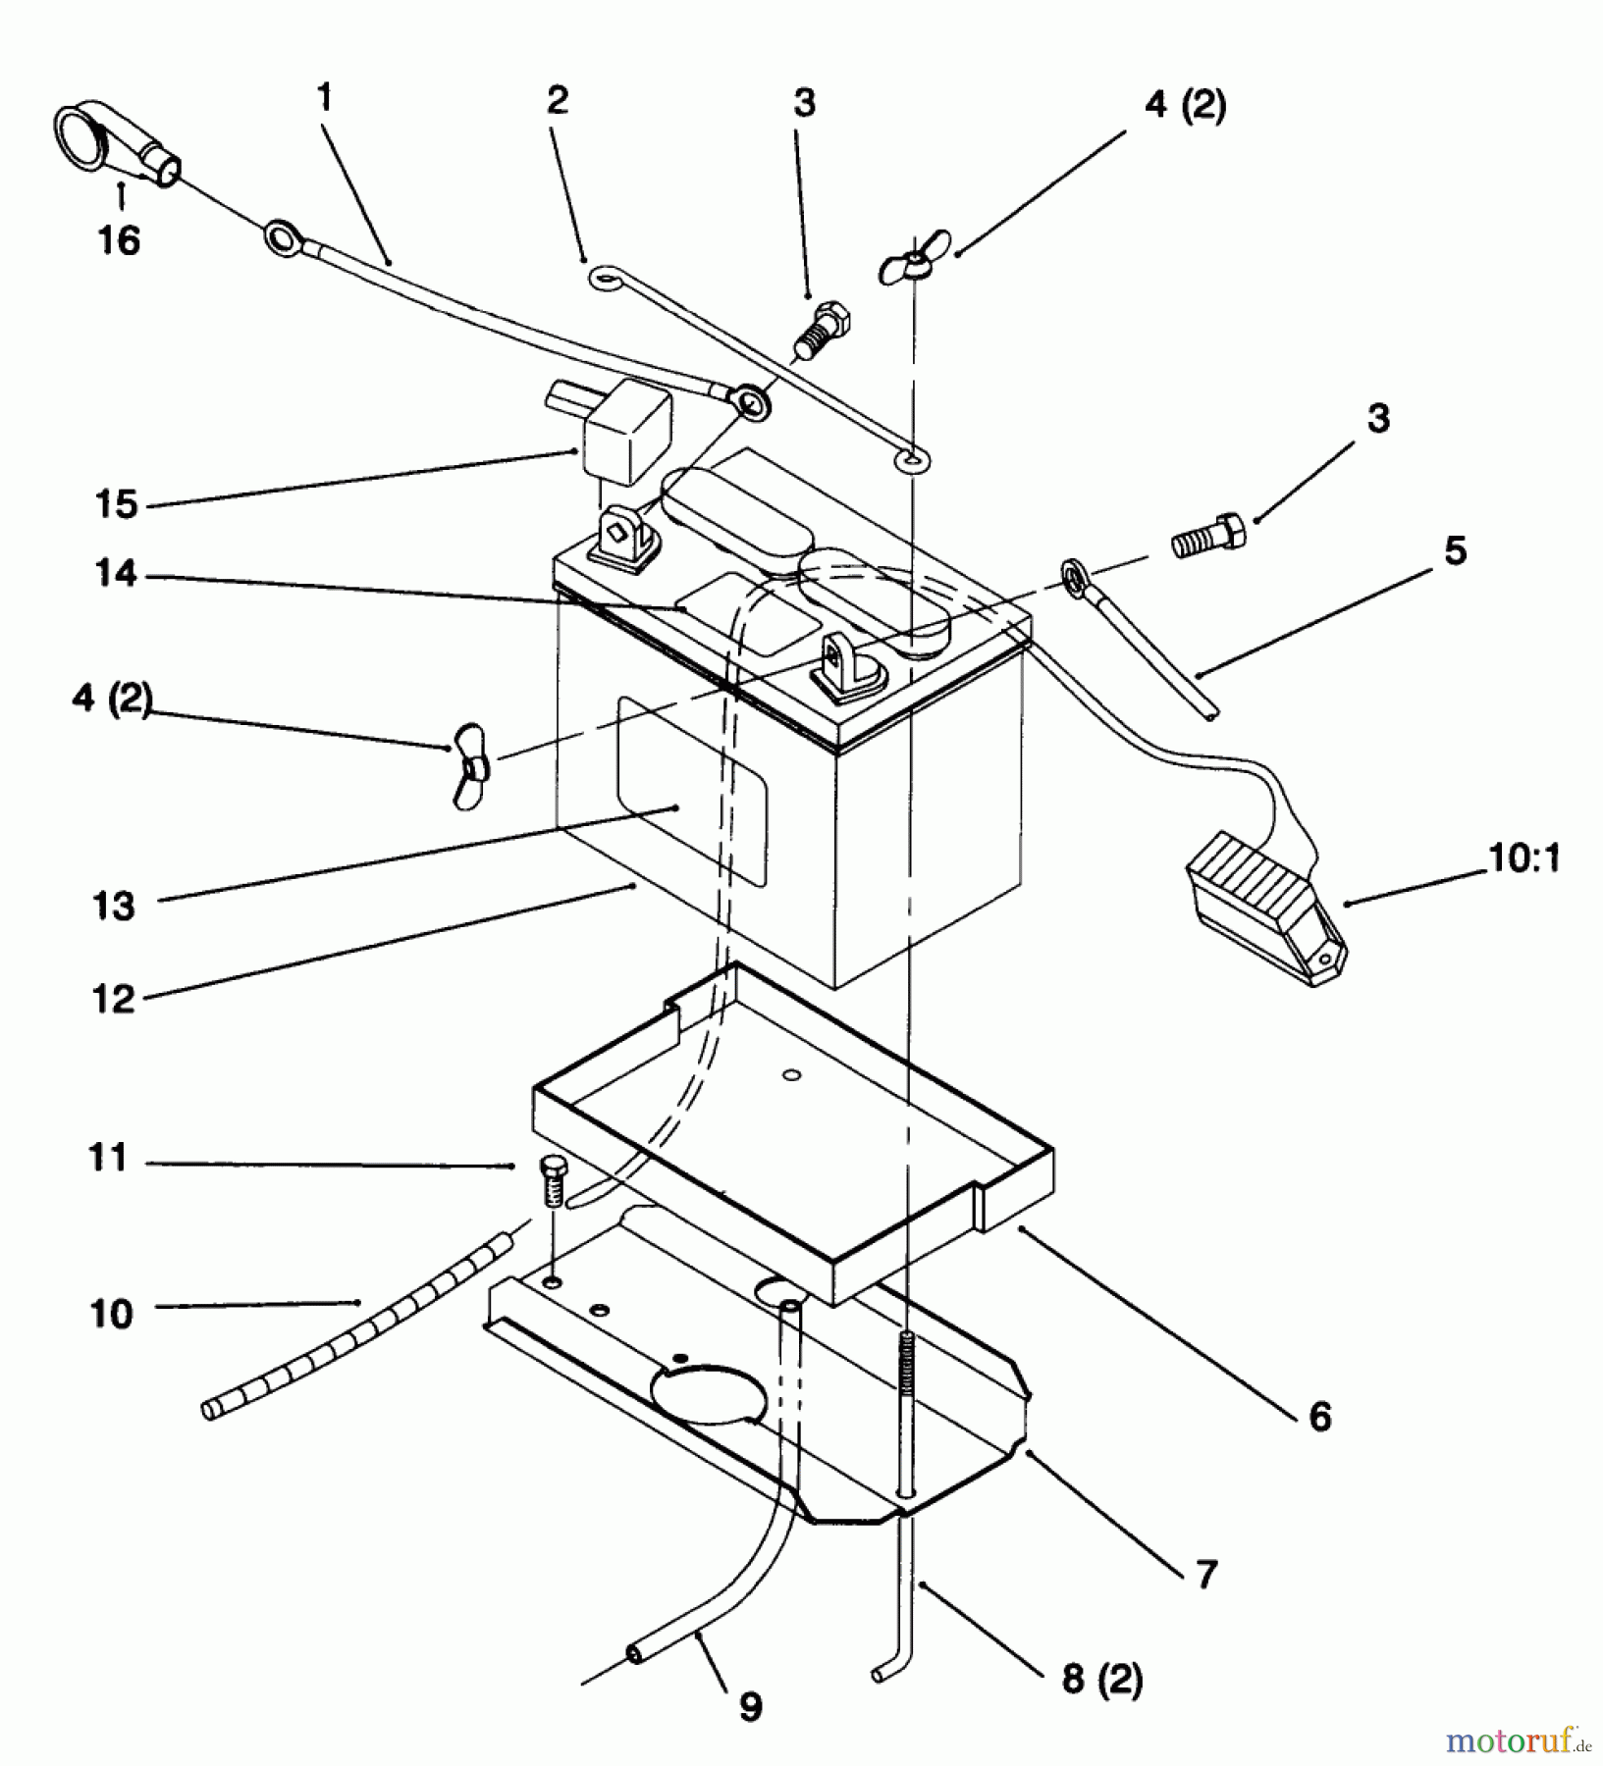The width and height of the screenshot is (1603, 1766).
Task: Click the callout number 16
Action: coord(120,239)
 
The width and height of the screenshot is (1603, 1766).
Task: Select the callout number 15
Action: coord(116,504)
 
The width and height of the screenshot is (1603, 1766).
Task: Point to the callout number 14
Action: coord(116,573)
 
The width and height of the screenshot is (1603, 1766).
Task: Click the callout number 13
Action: coord(114,906)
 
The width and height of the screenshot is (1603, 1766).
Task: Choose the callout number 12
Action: coord(114,999)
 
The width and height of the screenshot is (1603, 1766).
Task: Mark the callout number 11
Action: coord(108,1159)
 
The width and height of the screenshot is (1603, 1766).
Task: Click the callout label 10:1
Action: coord(1525,858)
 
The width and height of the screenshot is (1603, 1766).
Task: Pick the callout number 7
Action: coord(1206,1575)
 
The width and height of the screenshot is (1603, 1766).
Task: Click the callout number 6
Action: coord(1321,1417)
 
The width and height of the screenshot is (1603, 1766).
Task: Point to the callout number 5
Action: coord(1455,550)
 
